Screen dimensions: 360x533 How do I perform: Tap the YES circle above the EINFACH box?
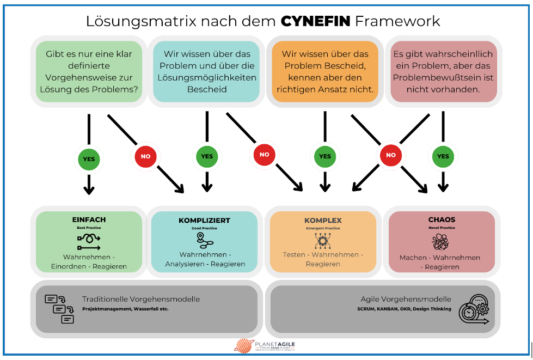pyautogui.click(x=89, y=159)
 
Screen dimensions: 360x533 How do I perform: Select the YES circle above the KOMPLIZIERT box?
pyautogui.click(x=207, y=156)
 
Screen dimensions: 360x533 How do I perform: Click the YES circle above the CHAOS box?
pyautogui.click(x=443, y=156)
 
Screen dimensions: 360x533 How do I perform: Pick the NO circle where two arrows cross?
pyautogui.click(x=391, y=155)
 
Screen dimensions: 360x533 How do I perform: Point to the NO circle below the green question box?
pyautogui.click(x=145, y=156)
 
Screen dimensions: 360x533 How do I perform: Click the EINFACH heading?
pyautogui.click(x=89, y=219)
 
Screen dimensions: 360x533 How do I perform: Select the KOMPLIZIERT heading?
pyautogui.click(x=204, y=221)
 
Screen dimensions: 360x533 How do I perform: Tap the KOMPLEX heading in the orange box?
pyautogui.click(x=323, y=221)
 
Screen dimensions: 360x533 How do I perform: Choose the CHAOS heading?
pyautogui.click(x=442, y=220)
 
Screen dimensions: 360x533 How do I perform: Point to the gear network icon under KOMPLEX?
pyautogui.click(x=323, y=240)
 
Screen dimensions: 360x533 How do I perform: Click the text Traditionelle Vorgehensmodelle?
pyautogui.click(x=141, y=299)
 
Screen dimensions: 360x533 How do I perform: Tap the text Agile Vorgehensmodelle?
pyautogui.click(x=406, y=299)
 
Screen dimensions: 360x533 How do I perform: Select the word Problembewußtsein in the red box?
pyautogui.click(x=443, y=78)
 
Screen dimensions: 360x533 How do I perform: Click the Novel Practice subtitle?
pyautogui.click(x=442, y=228)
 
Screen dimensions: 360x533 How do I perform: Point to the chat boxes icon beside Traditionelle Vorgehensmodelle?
pyautogui.click(x=59, y=308)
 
